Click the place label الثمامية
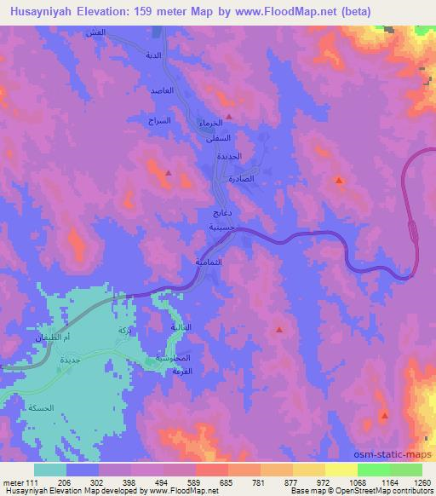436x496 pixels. point(209,261)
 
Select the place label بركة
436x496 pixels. point(124,330)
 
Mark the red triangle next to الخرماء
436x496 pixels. point(229,118)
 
